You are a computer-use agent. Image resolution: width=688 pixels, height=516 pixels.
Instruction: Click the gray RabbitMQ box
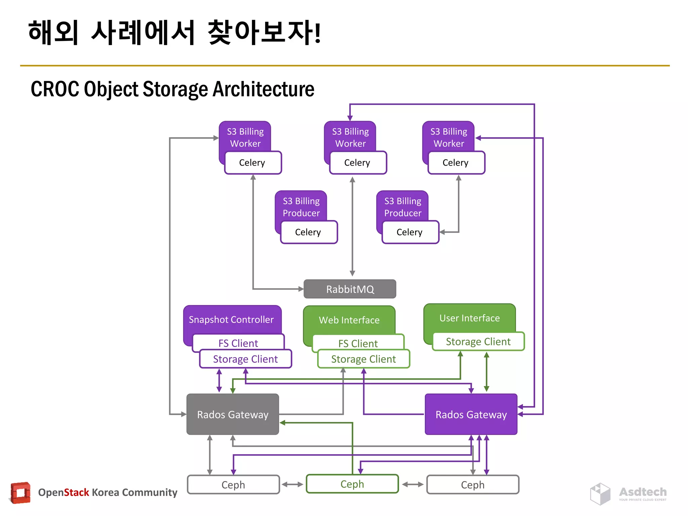point(350,289)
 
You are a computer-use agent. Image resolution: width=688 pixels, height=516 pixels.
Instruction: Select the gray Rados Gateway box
point(232,414)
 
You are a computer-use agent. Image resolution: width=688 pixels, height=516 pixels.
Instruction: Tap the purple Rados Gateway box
point(471,414)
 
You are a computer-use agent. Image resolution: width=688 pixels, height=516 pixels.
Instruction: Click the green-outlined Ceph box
point(352,484)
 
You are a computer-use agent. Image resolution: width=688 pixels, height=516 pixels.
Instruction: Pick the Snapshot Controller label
point(231,319)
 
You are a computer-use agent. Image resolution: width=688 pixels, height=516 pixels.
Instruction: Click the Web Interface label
point(349,320)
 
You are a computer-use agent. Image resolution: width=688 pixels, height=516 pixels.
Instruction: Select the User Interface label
point(469,318)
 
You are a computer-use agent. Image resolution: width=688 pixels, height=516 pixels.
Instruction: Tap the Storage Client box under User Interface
point(478,341)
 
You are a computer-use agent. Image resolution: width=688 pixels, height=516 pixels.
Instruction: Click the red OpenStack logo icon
point(20,493)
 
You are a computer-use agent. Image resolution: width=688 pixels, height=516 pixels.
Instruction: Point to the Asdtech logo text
point(643,492)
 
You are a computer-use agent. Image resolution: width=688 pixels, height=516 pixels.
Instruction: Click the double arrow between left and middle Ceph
point(293,484)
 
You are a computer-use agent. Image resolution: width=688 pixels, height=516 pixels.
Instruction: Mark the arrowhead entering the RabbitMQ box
point(301,289)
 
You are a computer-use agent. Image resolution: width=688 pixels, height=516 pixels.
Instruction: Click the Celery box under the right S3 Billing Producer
point(410,232)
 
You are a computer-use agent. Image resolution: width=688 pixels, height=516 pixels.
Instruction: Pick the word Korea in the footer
point(105,492)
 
